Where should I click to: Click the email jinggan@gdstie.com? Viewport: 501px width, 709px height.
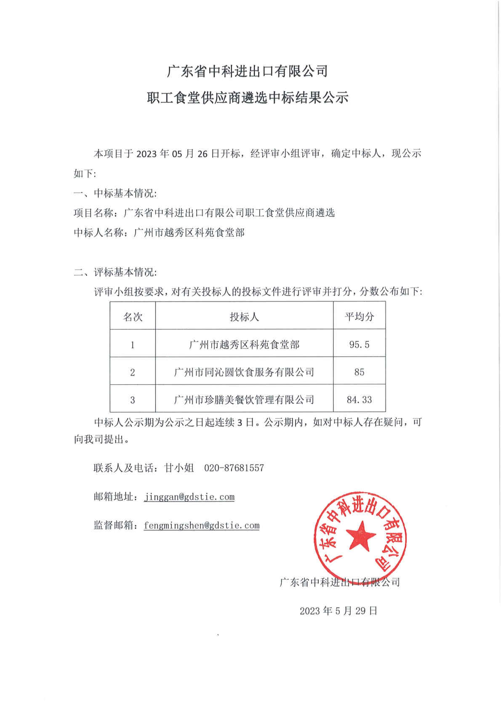pyautogui.click(x=189, y=497)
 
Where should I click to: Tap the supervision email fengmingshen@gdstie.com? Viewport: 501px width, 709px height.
pyautogui.click(x=202, y=525)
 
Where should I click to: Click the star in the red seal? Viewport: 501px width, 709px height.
pyautogui.click(x=360, y=536)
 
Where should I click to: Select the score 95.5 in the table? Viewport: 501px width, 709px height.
pyautogui.click(x=359, y=344)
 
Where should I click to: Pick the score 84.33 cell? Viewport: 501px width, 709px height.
pyautogui.click(x=359, y=400)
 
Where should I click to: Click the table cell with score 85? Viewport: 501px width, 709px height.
pyautogui.click(x=359, y=372)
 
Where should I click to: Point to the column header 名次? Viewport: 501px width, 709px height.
pyautogui.click(x=133, y=317)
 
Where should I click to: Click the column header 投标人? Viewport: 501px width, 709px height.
pyautogui.click(x=244, y=317)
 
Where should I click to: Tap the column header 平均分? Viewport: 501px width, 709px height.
pyautogui.click(x=359, y=317)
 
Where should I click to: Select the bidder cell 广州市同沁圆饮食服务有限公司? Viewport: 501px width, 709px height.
pyautogui.click(x=244, y=372)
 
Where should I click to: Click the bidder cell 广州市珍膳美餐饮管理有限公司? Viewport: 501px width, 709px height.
pyautogui.click(x=244, y=400)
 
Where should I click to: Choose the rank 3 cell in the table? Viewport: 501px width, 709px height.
pyautogui.click(x=133, y=400)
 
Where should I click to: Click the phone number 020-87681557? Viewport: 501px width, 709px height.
pyautogui.click(x=234, y=468)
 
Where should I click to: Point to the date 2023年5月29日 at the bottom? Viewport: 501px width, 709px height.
pyautogui.click(x=338, y=610)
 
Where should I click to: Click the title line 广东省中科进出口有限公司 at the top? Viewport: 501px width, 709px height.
pyautogui.click(x=248, y=71)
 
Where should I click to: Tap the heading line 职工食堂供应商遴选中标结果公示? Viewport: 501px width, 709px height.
pyautogui.click(x=248, y=98)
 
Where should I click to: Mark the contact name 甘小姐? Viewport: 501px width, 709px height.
pyautogui.click(x=179, y=468)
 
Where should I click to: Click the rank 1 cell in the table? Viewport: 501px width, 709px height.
pyautogui.click(x=133, y=344)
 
